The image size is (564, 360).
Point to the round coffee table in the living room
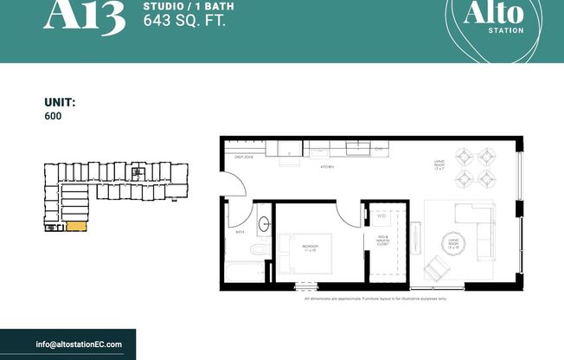coord(454,241)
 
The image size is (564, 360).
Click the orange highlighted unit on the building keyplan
coord(76,227)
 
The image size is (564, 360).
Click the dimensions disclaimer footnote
coord(375,299)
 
